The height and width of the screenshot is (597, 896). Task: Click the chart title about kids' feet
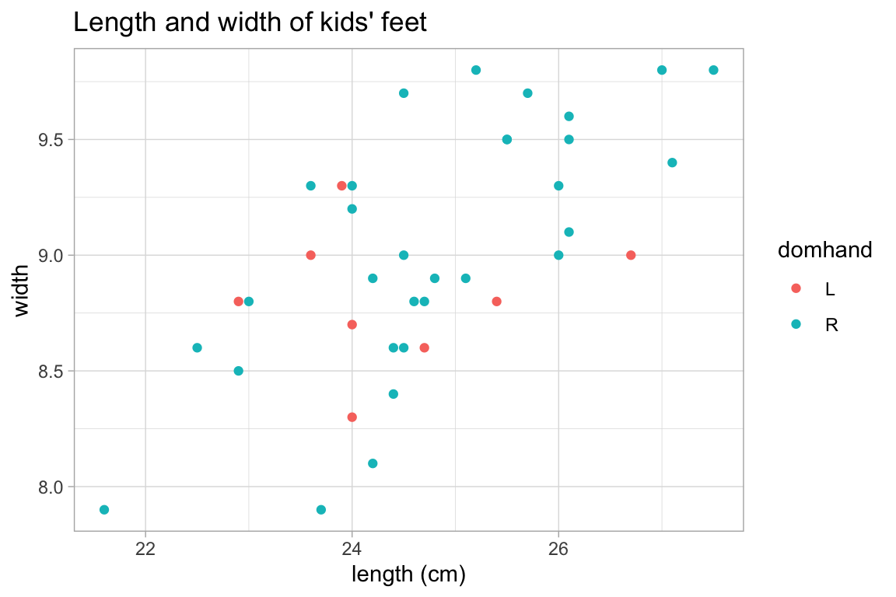(250, 23)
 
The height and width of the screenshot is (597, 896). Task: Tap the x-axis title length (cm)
(408, 574)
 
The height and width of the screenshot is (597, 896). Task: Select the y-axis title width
(23, 290)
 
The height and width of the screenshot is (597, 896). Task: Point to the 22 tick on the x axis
(145, 547)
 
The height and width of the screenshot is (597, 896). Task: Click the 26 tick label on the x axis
(558, 547)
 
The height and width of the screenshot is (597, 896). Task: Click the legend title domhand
(824, 250)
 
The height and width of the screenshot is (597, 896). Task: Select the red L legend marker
(795, 288)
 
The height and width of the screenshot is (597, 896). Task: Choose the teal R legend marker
(795, 325)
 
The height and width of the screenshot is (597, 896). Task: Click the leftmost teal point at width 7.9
(104, 510)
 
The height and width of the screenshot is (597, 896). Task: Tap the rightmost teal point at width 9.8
(713, 70)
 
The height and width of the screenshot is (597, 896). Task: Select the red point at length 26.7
(631, 255)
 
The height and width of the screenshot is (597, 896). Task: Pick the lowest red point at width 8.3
(352, 417)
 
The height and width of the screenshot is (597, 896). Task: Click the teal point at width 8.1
(373, 463)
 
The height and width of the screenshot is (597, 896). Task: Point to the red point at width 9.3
(341, 186)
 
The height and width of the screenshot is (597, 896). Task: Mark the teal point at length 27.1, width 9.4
(672, 162)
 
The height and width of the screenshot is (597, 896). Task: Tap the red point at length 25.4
(496, 302)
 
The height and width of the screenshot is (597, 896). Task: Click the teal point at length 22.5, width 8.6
(197, 347)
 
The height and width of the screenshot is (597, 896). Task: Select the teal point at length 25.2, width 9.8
(476, 70)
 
